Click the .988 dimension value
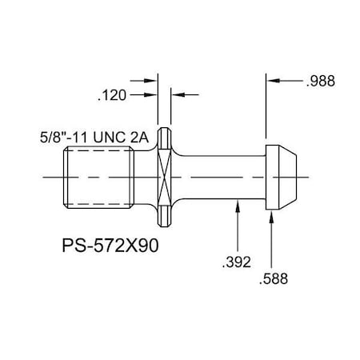click(x=319, y=81)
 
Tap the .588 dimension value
click(x=273, y=279)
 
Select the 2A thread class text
click(x=141, y=137)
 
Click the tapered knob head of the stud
click(x=285, y=176)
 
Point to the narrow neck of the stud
click(x=224, y=176)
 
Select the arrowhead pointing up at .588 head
click(x=273, y=214)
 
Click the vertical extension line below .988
click(x=266, y=112)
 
